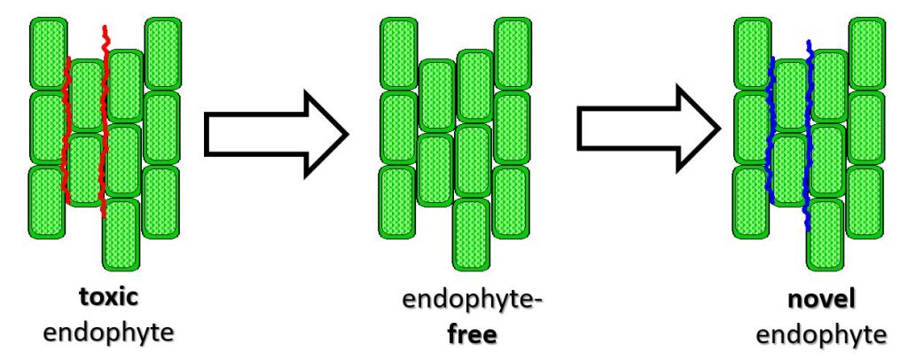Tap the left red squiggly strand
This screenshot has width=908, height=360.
coord(65,133)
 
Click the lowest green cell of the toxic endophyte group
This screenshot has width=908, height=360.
coord(121,234)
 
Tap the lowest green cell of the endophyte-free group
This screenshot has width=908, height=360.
coord(471,234)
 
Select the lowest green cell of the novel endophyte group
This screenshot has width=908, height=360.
coord(824,234)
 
